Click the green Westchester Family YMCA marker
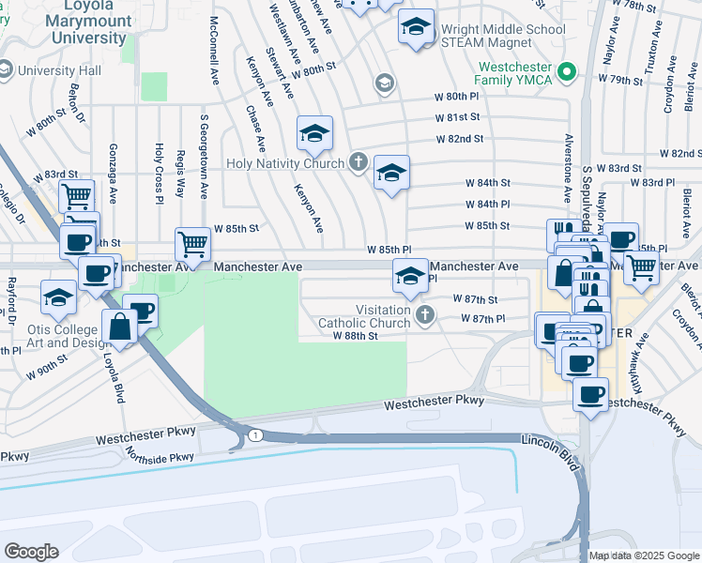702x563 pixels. click(x=565, y=72)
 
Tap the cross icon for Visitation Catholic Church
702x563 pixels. click(x=425, y=315)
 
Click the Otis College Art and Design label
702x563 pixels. click(x=62, y=337)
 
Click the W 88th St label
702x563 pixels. click(x=355, y=335)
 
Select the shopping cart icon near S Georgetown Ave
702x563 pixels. click(x=192, y=244)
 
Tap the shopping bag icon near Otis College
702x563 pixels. click(x=120, y=327)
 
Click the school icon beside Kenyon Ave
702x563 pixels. click(x=315, y=134)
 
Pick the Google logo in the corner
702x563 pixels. click(x=31, y=551)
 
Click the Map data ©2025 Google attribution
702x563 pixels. click(x=643, y=555)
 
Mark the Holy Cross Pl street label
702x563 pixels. click(x=160, y=172)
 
